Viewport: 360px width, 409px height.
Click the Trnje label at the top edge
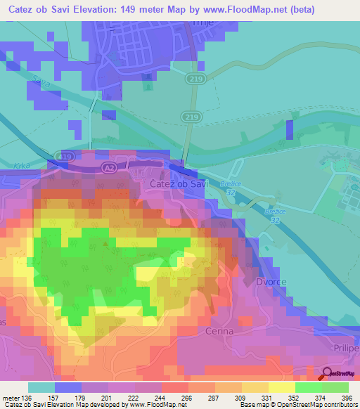pyautogui.click(x=202, y=23)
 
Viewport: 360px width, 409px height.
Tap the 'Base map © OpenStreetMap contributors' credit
pyautogui.click(x=297, y=404)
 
